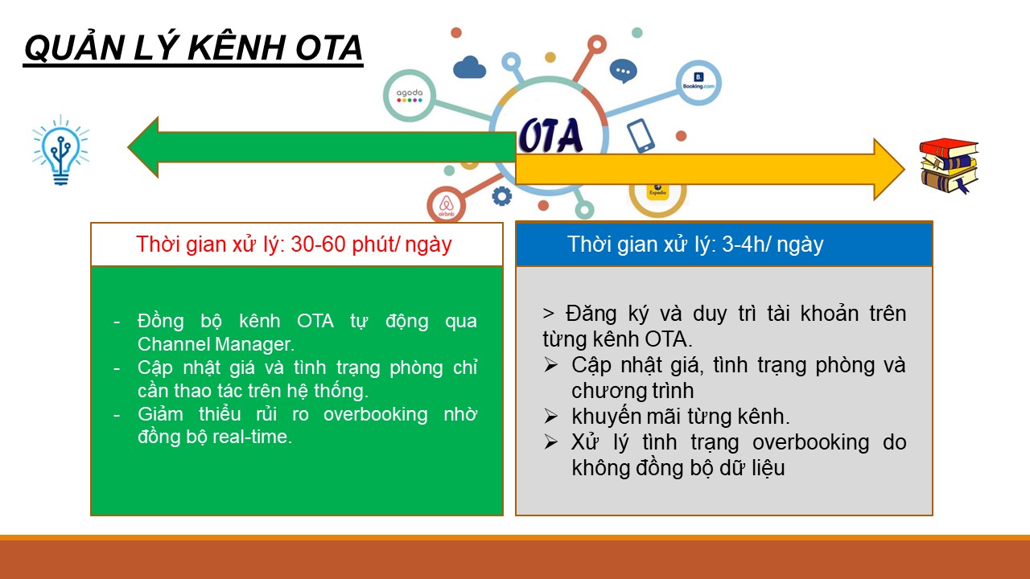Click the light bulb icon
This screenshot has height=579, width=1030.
click(60, 150)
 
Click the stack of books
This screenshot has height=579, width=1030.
click(949, 166)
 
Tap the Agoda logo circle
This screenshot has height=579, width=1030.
click(410, 96)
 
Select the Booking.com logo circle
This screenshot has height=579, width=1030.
click(698, 83)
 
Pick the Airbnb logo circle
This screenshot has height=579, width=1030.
click(446, 205)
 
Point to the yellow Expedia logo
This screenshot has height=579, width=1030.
click(657, 191)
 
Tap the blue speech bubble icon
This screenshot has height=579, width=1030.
click(623, 72)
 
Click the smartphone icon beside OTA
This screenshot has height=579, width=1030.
click(641, 136)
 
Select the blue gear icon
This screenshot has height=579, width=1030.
click(501, 196)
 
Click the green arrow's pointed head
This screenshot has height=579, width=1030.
click(129, 147)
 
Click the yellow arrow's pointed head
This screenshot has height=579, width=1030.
click(904, 169)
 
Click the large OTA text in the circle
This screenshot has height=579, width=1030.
click(551, 135)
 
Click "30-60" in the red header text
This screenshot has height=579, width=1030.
click(318, 244)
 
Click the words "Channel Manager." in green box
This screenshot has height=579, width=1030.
click(216, 344)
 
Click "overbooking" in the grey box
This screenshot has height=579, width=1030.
click(810, 442)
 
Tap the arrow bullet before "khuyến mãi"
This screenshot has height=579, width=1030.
click(551, 417)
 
